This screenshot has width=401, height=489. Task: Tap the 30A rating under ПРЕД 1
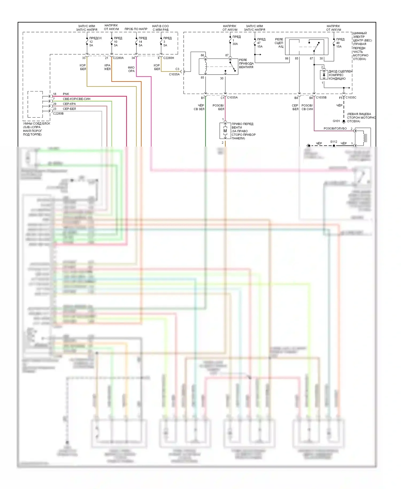(x=235, y=44)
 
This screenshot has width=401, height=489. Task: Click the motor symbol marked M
(x=225, y=131)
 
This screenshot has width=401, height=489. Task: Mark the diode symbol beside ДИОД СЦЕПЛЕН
(x=324, y=75)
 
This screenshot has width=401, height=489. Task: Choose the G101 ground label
(x=336, y=121)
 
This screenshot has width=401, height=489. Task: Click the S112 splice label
(x=334, y=142)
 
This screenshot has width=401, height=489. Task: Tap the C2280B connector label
(x=58, y=113)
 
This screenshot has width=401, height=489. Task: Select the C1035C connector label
(x=351, y=97)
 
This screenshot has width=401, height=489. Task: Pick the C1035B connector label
(x=321, y=97)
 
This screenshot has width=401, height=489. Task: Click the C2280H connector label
(x=168, y=58)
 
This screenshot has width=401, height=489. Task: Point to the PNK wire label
(x=66, y=94)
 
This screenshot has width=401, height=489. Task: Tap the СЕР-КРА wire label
(x=69, y=104)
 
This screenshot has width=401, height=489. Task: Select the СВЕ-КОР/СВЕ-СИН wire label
(x=76, y=99)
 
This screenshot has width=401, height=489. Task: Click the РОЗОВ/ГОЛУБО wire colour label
(x=335, y=128)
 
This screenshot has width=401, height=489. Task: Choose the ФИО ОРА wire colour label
(x=131, y=69)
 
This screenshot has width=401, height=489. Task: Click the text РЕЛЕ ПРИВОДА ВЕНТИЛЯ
(x=246, y=64)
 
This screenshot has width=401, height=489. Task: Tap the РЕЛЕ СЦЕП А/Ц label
(x=279, y=43)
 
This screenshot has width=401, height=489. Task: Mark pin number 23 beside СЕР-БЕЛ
(x=55, y=109)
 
